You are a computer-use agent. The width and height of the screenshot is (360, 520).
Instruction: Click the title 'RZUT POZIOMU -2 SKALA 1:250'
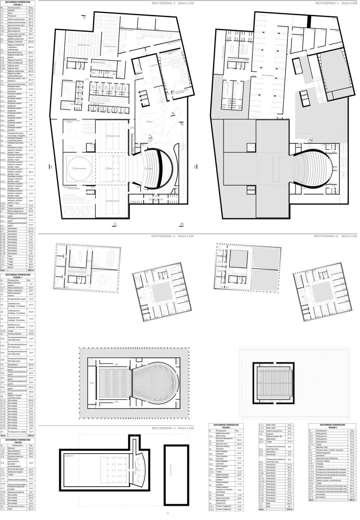(x=173, y=3)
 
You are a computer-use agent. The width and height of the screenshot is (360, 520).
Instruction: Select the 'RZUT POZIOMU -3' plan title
(x=173, y=428)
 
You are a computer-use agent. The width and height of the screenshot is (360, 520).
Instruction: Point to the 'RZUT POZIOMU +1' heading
(x=173, y=236)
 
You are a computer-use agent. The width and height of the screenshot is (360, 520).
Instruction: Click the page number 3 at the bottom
(x=168, y=513)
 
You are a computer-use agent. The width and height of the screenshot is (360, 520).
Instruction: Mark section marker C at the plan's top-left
(x=84, y=17)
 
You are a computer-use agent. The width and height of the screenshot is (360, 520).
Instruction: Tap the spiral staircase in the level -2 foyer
(x=149, y=137)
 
